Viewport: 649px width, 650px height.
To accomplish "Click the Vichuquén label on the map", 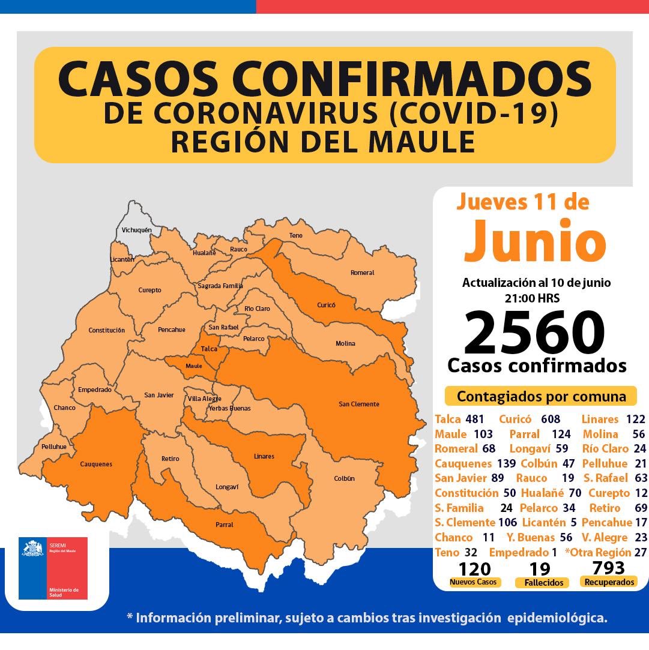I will click(x=137, y=230).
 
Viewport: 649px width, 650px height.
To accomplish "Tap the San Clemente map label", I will click(x=359, y=404).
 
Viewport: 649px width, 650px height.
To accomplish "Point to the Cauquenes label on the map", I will click(x=96, y=464).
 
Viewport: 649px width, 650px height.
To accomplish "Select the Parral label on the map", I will click(x=224, y=525).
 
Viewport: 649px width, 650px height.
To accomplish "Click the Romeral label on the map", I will click(x=362, y=272).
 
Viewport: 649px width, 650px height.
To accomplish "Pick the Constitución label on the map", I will click(x=106, y=330).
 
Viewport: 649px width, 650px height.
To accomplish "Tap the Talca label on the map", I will click(x=209, y=349).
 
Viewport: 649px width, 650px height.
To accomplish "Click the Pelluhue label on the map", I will click(x=54, y=447).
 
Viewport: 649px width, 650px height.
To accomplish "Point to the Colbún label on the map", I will click(x=344, y=478).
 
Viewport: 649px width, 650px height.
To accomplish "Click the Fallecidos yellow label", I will click(x=542, y=582).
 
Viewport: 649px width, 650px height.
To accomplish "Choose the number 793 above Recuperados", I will click(x=608, y=568).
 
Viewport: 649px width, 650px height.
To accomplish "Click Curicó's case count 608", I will click(x=550, y=420).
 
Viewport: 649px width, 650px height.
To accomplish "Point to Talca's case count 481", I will click(x=474, y=420).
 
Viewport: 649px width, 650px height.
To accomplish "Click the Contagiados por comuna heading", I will click(x=541, y=397).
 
